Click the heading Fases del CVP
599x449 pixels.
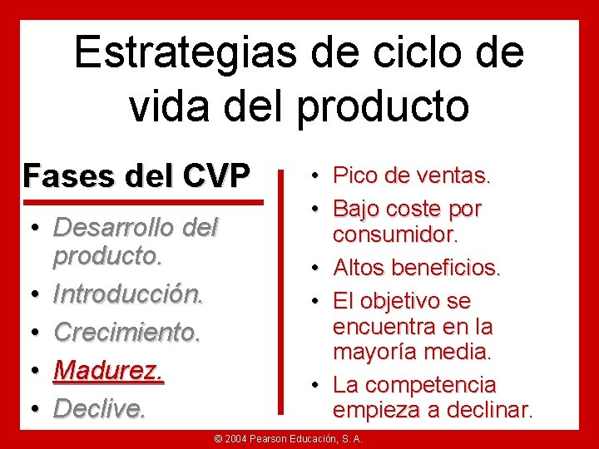(136, 175)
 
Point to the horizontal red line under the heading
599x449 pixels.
(142, 202)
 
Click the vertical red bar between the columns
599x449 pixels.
(285, 291)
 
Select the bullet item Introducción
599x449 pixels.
(128, 294)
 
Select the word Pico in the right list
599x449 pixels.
(354, 175)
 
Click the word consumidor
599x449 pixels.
(395, 234)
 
